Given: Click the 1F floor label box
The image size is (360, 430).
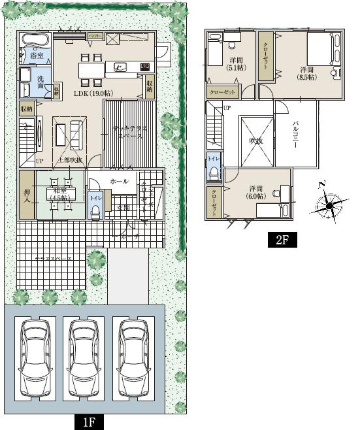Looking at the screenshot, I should tap(89, 422).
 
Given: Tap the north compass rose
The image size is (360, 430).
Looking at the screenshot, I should tap(329, 206).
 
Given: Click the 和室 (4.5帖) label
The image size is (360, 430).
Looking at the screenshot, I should tap(59, 194).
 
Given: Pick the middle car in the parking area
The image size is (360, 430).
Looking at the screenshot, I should tap(83, 358).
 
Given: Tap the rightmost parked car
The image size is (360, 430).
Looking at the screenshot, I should tap(132, 358).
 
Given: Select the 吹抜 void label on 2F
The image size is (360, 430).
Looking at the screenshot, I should tap(255, 140).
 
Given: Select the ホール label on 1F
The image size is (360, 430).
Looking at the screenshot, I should tap(119, 181).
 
